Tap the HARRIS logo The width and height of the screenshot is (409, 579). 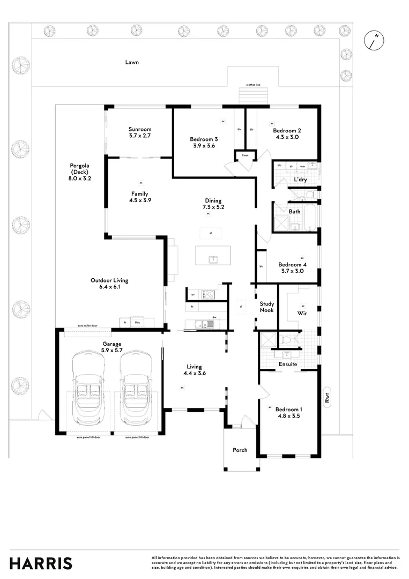41,563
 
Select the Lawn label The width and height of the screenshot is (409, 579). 132,62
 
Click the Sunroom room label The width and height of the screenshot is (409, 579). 140,129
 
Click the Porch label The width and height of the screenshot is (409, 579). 240,450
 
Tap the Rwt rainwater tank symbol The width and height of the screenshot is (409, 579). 326,398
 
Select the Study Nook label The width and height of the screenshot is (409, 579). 267,307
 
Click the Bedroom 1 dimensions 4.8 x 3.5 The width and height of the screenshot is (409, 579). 291,415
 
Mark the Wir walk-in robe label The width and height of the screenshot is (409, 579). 302,313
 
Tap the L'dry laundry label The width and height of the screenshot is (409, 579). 300,180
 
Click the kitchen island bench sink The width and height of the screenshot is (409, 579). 213,259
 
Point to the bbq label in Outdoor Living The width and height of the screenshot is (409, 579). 137,322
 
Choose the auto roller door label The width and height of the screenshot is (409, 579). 87,325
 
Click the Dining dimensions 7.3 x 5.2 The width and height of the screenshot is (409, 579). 212,207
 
